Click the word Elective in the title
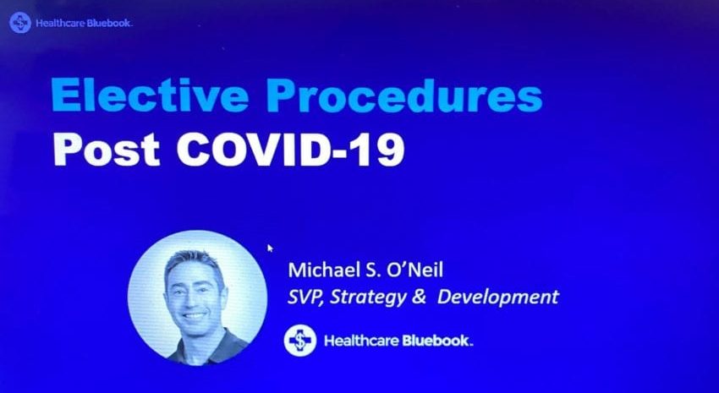[150, 95]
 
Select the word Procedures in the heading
[404, 95]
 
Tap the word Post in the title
[107, 149]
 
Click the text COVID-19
[291, 149]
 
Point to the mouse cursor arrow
[270, 248]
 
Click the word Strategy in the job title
[368, 297]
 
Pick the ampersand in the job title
[419, 297]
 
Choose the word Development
[498, 297]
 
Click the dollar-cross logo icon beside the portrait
[300, 341]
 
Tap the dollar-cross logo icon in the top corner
[20, 23]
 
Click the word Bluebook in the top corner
[108, 23]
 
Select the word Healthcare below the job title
[362, 341]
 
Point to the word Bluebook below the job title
[436, 341]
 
